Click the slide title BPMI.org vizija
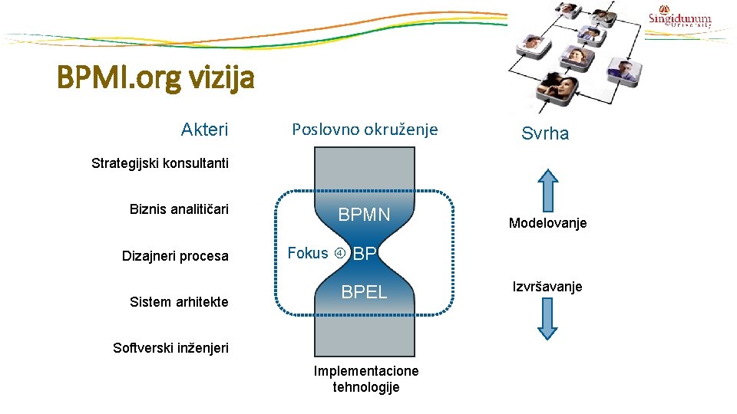[155, 78]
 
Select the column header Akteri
[204, 130]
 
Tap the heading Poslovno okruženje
[365, 130]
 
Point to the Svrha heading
[545, 133]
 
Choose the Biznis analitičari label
[179, 209]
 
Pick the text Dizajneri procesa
[175, 255]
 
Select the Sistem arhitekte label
[179, 301]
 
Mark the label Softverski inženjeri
[170, 347]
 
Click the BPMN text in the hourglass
[365, 215]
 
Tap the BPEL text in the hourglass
[364, 292]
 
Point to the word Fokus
[307, 253]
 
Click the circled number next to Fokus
[339, 254]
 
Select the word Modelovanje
[547, 223]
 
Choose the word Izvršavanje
[547, 286]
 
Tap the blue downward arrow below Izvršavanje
[547, 318]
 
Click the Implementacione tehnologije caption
[366, 379]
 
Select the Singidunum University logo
[679, 18]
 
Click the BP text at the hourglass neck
[365, 254]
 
